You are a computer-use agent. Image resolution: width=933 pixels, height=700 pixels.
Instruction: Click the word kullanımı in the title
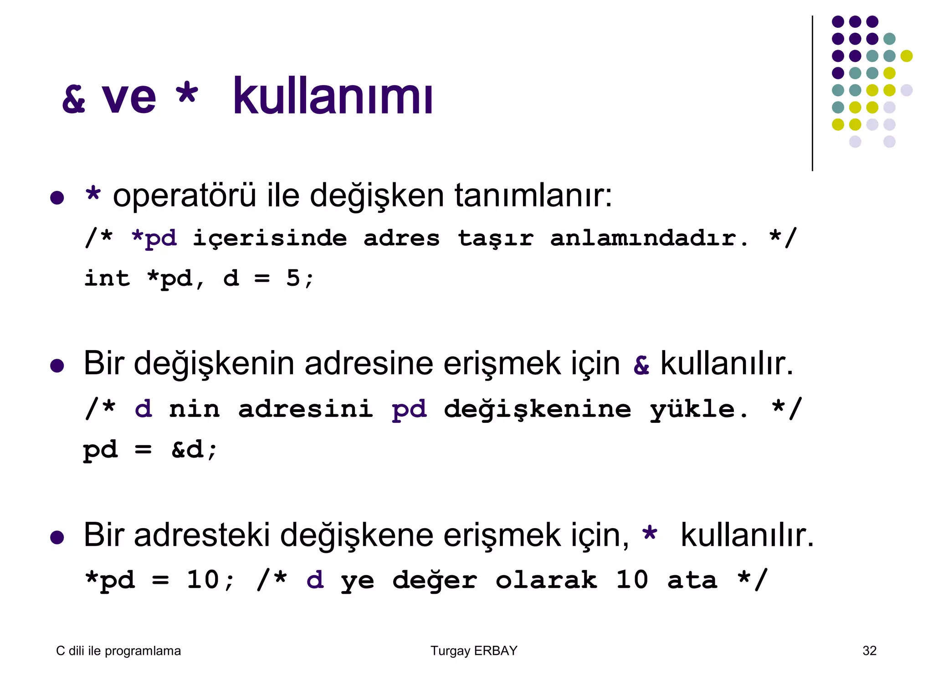[333, 97]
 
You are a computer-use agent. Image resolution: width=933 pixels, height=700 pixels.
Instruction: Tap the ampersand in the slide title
[74, 99]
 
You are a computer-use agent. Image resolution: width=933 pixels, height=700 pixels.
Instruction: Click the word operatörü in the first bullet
[185, 196]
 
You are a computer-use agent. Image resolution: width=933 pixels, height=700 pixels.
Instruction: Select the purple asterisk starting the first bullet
[93, 195]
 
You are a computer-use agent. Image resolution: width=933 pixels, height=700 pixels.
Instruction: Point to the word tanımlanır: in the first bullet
[533, 196]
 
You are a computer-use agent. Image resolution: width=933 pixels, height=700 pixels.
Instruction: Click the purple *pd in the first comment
[154, 238]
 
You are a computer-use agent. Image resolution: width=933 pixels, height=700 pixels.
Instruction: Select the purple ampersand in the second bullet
[641, 365]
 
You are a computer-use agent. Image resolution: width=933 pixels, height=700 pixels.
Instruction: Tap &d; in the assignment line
[195, 450]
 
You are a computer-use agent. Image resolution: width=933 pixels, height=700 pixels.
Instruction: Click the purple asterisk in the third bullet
[650, 533]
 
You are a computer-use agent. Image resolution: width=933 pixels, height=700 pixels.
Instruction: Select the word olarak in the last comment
[546, 580]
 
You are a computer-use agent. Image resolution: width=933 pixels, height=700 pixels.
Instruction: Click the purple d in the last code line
[315, 580]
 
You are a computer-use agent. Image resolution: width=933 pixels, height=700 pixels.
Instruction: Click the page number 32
[869, 651]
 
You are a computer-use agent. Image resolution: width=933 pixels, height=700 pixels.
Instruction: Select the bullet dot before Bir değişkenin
[57, 365]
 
